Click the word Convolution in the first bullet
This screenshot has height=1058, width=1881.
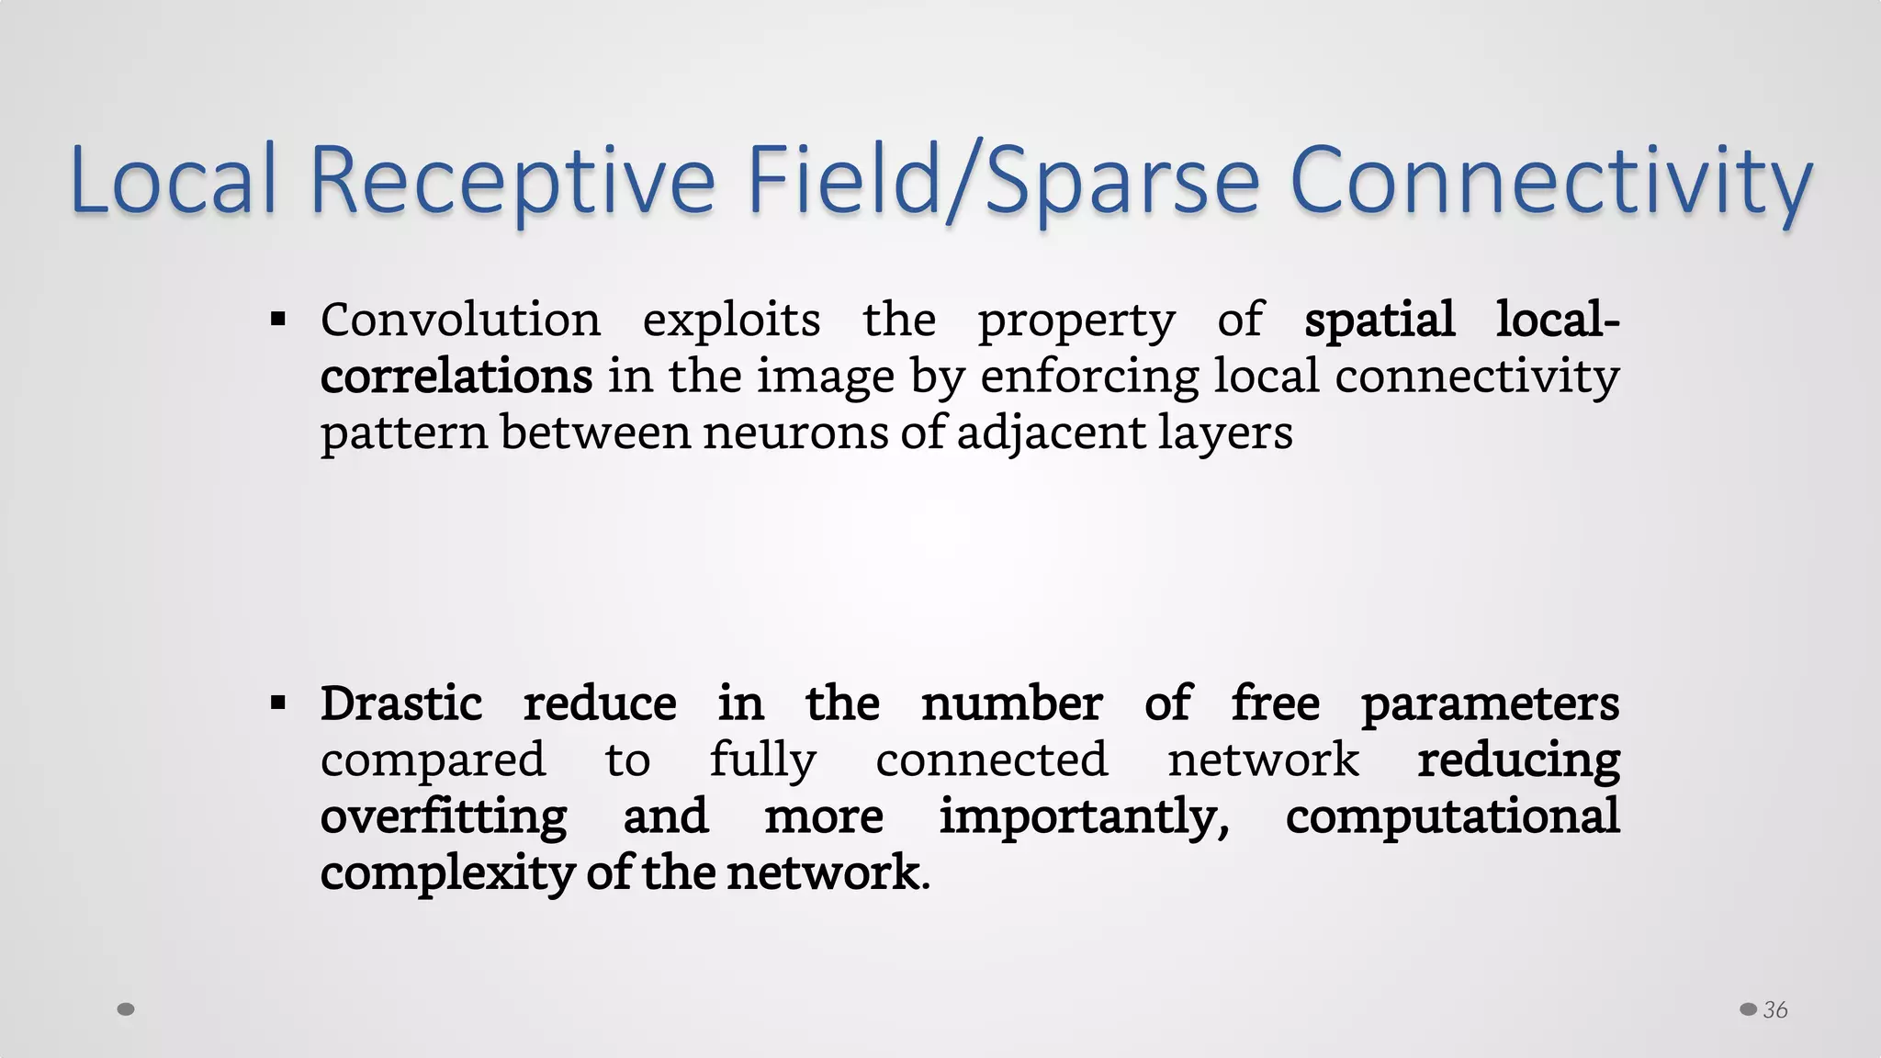(x=460, y=321)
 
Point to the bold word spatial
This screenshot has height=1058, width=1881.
(x=1380, y=321)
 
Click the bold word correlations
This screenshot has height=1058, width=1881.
(x=456, y=377)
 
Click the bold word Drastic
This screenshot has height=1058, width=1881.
(x=401, y=704)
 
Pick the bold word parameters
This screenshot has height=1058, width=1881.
(x=1490, y=704)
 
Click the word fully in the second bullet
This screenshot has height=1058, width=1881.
(x=762, y=760)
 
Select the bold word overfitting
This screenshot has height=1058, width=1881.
(x=444, y=816)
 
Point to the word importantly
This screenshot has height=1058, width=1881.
(x=1084, y=816)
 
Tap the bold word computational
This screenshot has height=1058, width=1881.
(x=1452, y=816)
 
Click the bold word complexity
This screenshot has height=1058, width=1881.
(x=447, y=872)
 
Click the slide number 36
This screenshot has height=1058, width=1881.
(x=1774, y=1010)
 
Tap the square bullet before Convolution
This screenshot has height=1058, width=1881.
(x=278, y=321)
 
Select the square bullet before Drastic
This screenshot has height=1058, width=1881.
(x=278, y=704)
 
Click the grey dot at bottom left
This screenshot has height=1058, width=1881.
(x=127, y=1009)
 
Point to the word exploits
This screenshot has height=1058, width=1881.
(x=731, y=321)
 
